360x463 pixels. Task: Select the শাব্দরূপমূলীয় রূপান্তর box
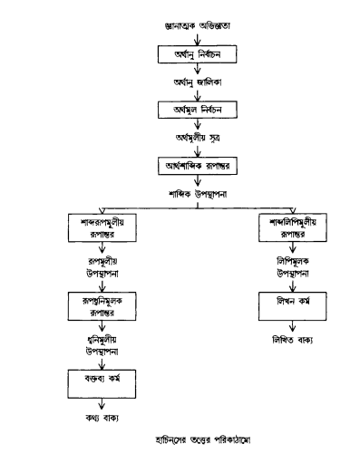[102, 227]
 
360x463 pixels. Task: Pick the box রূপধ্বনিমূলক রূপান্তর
[102, 304]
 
